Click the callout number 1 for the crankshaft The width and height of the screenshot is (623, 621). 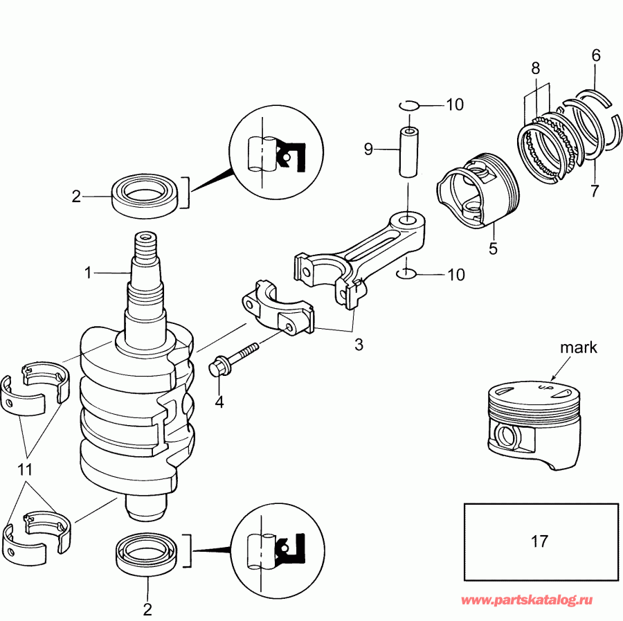point(88,273)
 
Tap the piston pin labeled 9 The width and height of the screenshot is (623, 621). point(409,152)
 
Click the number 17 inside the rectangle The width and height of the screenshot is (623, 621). point(539,541)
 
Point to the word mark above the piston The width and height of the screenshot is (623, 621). point(578,348)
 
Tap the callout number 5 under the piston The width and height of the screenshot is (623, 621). point(493,249)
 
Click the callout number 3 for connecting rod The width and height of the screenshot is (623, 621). point(359,344)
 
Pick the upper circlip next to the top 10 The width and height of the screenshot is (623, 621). point(409,105)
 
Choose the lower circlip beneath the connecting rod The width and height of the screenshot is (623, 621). point(407,275)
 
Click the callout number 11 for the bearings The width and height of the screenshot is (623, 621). point(26,469)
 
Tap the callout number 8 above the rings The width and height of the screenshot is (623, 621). point(535,68)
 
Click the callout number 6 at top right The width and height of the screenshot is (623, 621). point(596,55)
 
